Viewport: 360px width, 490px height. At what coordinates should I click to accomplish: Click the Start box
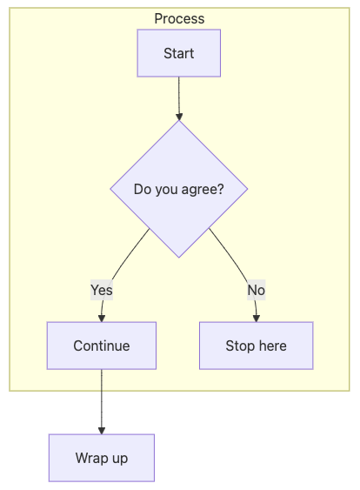coord(179,53)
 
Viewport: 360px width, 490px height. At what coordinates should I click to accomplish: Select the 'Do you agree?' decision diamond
coord(179,189)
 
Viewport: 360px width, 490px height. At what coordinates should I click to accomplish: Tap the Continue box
coord(102,346)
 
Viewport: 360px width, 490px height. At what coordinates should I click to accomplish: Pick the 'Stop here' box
coord(257,346)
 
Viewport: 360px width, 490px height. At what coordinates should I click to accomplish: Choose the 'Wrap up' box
coord(102,458)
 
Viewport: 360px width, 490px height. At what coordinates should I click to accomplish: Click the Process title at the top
coord(179,19)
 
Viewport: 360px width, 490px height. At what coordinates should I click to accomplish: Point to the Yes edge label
coord(102,290)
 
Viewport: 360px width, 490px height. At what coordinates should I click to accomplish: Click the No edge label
coord(257,290)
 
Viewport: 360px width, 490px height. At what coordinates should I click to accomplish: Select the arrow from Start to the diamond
coord(179,98)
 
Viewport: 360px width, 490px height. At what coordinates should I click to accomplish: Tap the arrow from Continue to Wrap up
coord(102,402)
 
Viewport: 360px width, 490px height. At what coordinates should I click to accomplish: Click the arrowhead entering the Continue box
coord(102,319)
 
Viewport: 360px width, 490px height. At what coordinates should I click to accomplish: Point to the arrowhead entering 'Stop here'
coord(257,319)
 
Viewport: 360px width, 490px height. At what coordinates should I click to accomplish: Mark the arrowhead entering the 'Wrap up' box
coord(102,431)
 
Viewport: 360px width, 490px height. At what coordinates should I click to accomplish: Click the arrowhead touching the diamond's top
coord(179,117)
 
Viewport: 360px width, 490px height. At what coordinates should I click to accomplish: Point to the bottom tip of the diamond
coord(179,258)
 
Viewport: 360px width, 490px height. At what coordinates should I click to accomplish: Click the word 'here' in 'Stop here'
coord(272,346)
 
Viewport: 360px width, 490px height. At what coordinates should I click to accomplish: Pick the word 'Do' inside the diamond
coord(143,189)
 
